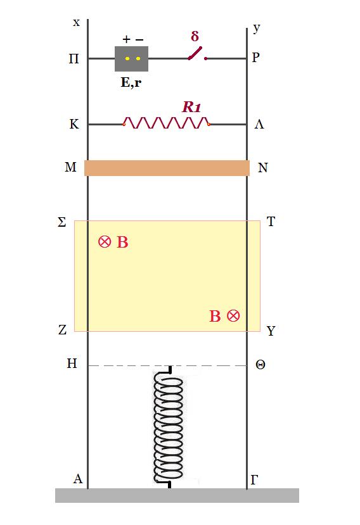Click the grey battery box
131,59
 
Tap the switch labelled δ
197,54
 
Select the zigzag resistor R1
167,123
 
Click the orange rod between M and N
167,168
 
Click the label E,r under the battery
131,82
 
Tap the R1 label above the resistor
191,107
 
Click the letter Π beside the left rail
74,59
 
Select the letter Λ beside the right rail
259,125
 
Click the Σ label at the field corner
62,222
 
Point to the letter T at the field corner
271,221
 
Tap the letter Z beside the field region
62,330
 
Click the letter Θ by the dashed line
260,364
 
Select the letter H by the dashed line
72,364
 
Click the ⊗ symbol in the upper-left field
105,241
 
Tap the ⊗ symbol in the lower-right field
233,316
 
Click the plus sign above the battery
126,39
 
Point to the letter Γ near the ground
254,480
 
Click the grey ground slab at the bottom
177,495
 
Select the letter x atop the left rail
77,23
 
